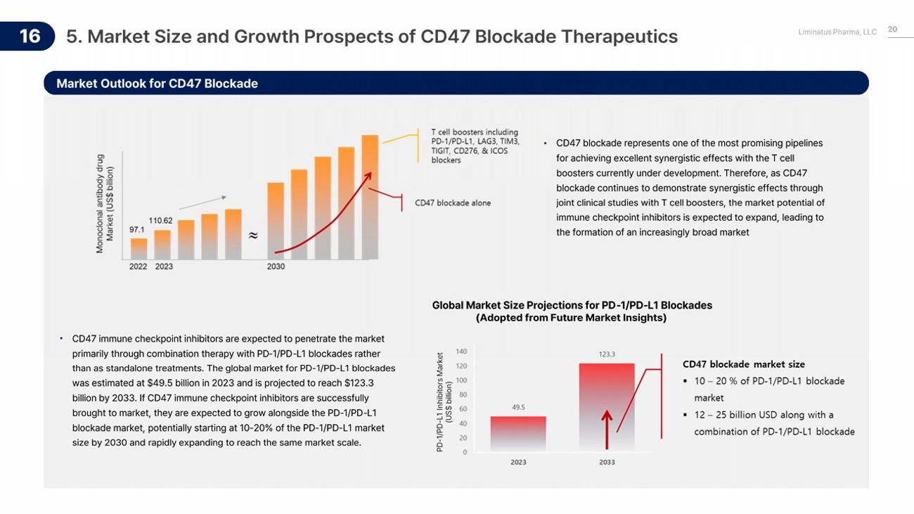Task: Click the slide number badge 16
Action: pos(30,36)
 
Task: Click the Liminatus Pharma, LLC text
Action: pos(837,32)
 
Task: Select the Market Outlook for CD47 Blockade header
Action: pos(157,84)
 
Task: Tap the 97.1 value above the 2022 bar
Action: pos(137,229)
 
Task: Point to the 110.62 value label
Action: pos(161,220)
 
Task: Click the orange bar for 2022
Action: pos(139,248)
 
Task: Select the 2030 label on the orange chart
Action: pos(276,267)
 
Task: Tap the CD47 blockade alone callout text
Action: pos(453,203)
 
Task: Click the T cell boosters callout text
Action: pos(475,146)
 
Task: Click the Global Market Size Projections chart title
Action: pos(572,311)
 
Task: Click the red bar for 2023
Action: pos(518,433)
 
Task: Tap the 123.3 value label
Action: pos(607,354)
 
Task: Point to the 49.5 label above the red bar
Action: pos(518,407)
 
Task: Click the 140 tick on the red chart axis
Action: pos(461,351)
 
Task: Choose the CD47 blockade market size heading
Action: pos(744,364)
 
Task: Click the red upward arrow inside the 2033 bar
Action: pos(607,429)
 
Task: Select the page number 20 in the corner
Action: pos(893,29)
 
